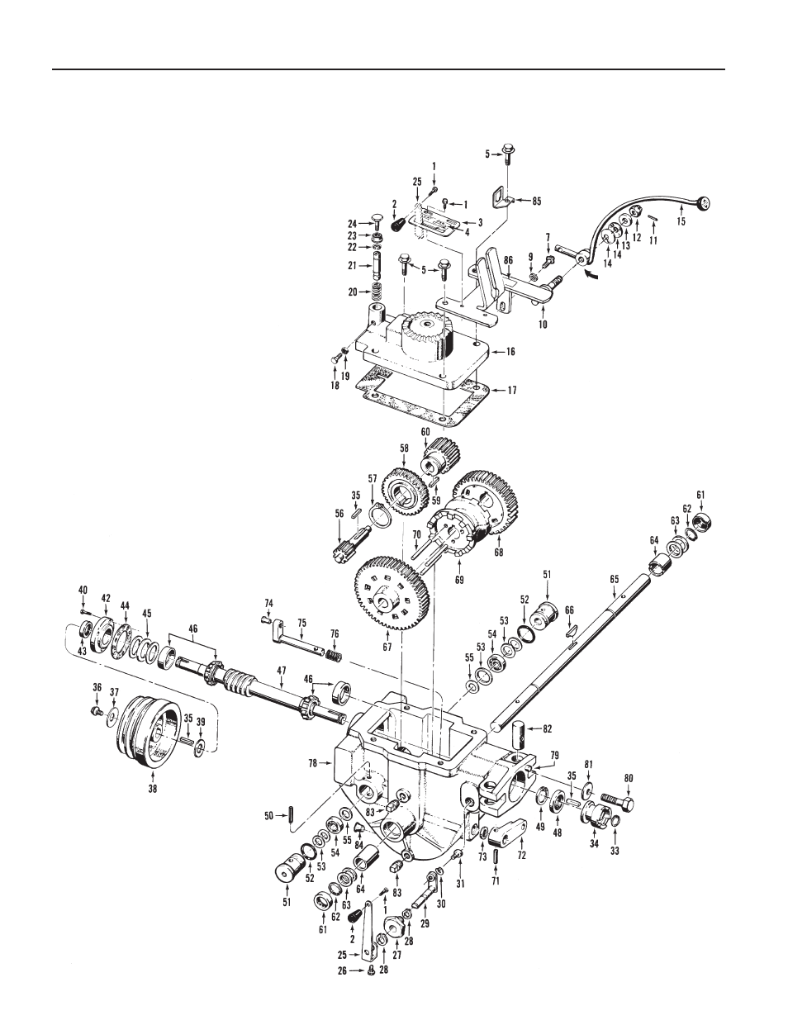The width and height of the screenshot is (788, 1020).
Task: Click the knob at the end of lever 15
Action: (704, 202)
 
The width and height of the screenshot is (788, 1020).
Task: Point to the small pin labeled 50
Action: (294, 815)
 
